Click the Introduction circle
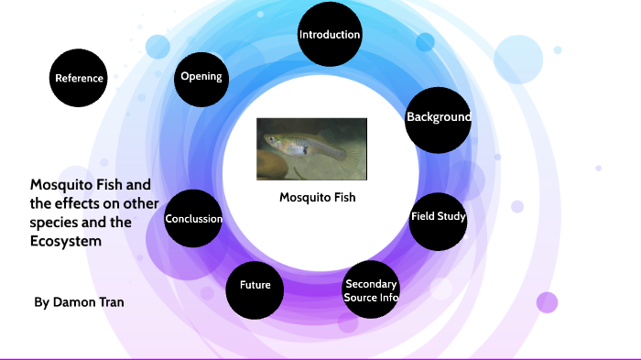(x=330, y=35)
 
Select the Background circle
(x=438, y=118)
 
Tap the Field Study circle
(x=438, y=218)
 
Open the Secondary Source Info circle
(x=371, y=290)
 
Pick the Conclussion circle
(x=193, y=219)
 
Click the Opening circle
(x=201, y=77)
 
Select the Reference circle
(x=79, y=78)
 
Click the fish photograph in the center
(x=311, y=148)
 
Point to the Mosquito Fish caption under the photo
(x=317, y=197)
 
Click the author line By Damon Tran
(x=79, y=301)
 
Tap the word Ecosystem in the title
(x=61, y=241)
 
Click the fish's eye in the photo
(x=270, y=139)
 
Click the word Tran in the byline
(x=111, y=301)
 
